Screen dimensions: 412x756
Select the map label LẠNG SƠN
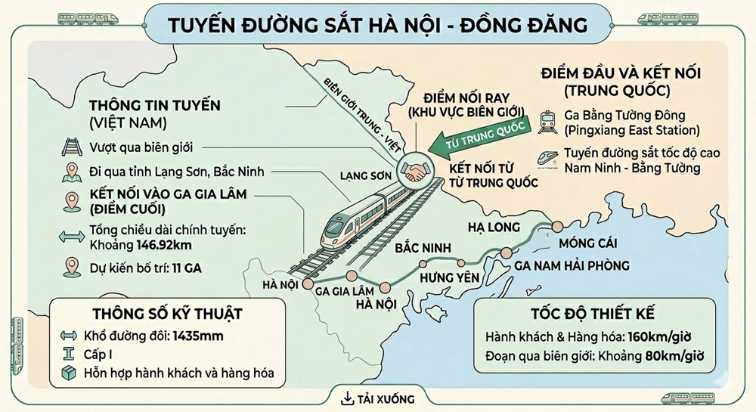coord(366,175)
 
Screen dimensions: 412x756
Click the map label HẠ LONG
coord(494,227)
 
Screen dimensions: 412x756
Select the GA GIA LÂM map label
coord(345,291)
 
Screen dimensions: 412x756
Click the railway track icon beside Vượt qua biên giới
coord(73,148)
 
